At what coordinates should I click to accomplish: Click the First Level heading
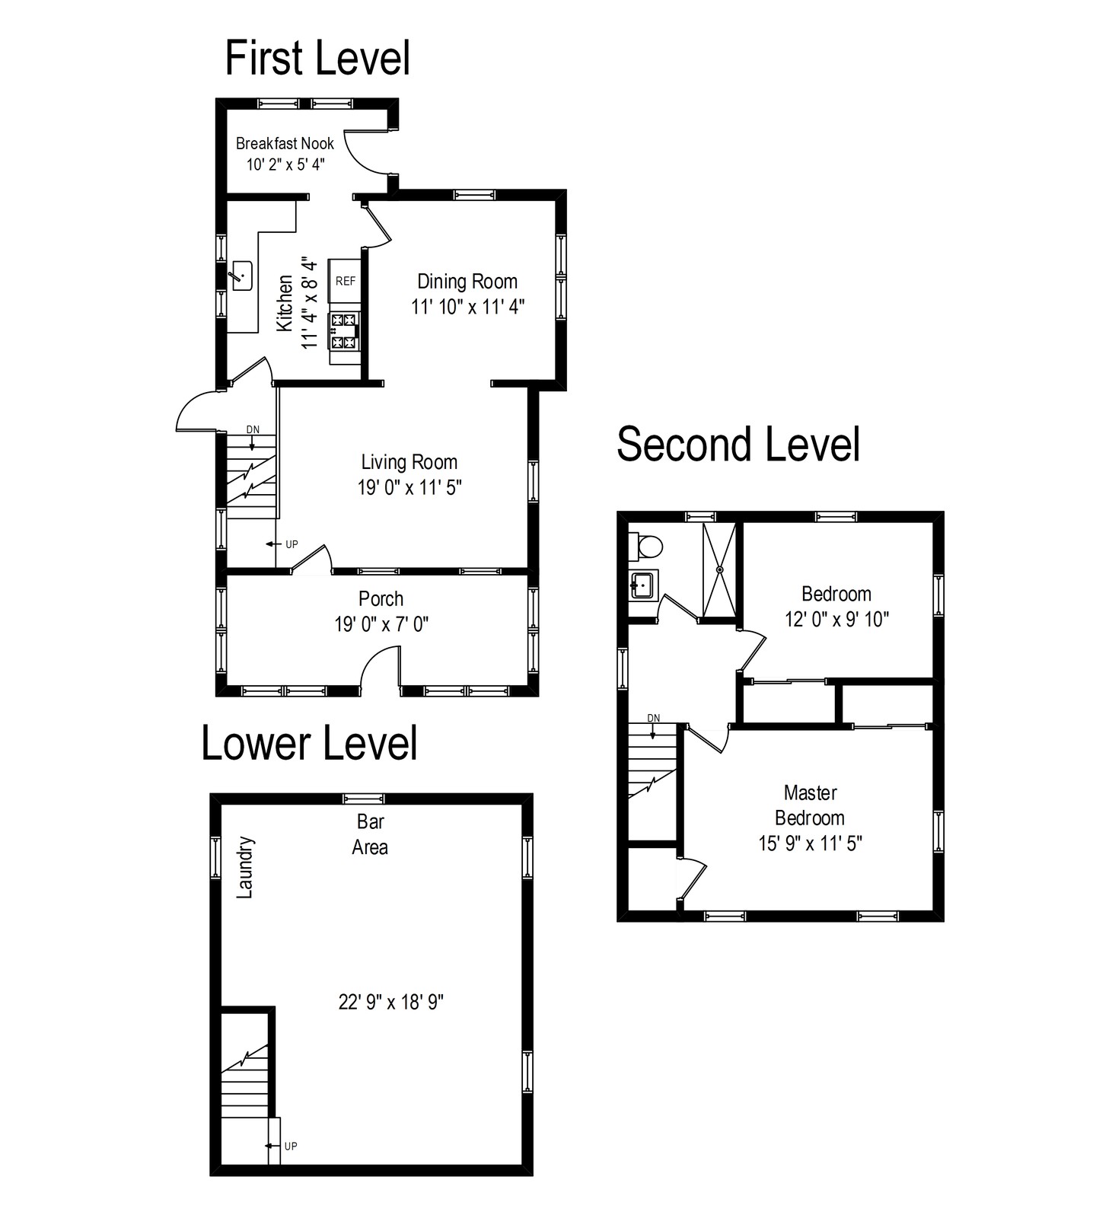tap(317, 59)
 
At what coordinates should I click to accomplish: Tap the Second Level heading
tap(738, 444)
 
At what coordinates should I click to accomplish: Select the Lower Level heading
tap(309, 743)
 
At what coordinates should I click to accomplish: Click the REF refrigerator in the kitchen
tap(345, 281)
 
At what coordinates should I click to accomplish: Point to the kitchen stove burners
tap(345, 332)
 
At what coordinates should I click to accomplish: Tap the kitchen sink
tap(242, 275)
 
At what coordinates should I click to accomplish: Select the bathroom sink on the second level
tap(642, 586)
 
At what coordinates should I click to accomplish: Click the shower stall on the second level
tap(719, 569)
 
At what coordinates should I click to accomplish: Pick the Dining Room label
tap(467, 282)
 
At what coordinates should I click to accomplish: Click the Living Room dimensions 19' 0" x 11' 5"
tap(409, 487)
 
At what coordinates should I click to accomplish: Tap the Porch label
tap(381, 598)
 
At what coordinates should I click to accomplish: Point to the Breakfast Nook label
tap(285, 143)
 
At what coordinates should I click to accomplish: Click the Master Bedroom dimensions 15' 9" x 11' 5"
tap(810, 843)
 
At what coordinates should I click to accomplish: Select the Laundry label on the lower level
tap(244, 868)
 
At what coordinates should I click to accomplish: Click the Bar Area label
tap(370, 834)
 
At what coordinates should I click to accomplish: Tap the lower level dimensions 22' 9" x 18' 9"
tap(390, 1002)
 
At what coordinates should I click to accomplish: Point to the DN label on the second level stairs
tap(653, 718)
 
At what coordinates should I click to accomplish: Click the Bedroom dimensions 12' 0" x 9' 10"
tap(836, 620)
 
